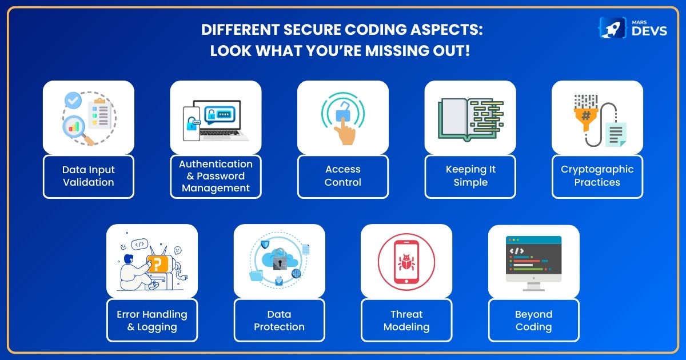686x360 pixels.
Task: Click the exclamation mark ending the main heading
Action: click(467, 50)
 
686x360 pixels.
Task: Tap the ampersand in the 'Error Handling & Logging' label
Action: click(131, 327)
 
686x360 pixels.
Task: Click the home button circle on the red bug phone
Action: click(406, 281)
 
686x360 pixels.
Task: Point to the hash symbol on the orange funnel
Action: click(586, 115)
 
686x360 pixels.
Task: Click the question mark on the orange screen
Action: click(157, 265)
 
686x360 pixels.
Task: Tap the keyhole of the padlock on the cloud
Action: click(280, 263)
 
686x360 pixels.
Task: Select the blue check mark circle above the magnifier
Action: click(73, 100)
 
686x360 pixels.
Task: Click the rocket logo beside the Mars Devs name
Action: click(612, 28)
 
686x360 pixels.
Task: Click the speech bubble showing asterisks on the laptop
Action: click(220, 115)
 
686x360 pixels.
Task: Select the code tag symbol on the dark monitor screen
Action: click(516, 251)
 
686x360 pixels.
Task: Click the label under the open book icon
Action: click(470, 177)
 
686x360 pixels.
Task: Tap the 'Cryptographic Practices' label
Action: click(597, 177)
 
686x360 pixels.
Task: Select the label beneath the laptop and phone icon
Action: click(216, 177)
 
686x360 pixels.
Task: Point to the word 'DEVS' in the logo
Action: click(649, 31)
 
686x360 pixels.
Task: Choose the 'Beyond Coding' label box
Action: click(534, 320)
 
